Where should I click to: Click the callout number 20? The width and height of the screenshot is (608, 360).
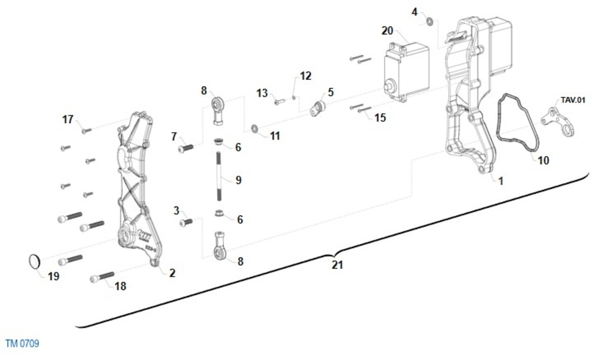click(x=387, y=31)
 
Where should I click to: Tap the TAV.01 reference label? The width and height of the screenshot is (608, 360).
click(x=573, y=100)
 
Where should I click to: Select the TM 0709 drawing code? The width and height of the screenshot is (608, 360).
click(x=22, y=344)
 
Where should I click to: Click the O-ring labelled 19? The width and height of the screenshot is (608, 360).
click(x=34, y=261)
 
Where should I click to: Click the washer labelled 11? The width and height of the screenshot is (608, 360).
click(x=255, y=128)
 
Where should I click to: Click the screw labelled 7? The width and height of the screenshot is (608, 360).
click(x=186, y=148)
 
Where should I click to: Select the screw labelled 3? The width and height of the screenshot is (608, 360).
click(x=186, y=222)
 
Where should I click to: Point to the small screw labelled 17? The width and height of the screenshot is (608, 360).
click(x=87, y=131)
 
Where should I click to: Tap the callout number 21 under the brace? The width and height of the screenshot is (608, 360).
click(x=337, y=265)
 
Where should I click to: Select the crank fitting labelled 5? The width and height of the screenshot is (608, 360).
click(x=318, y=108)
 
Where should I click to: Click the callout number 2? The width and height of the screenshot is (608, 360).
click(x=172, y=273)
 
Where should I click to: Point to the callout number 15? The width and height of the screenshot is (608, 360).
click(x=380, y=118)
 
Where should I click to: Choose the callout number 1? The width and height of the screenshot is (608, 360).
click(x=501, y=181)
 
